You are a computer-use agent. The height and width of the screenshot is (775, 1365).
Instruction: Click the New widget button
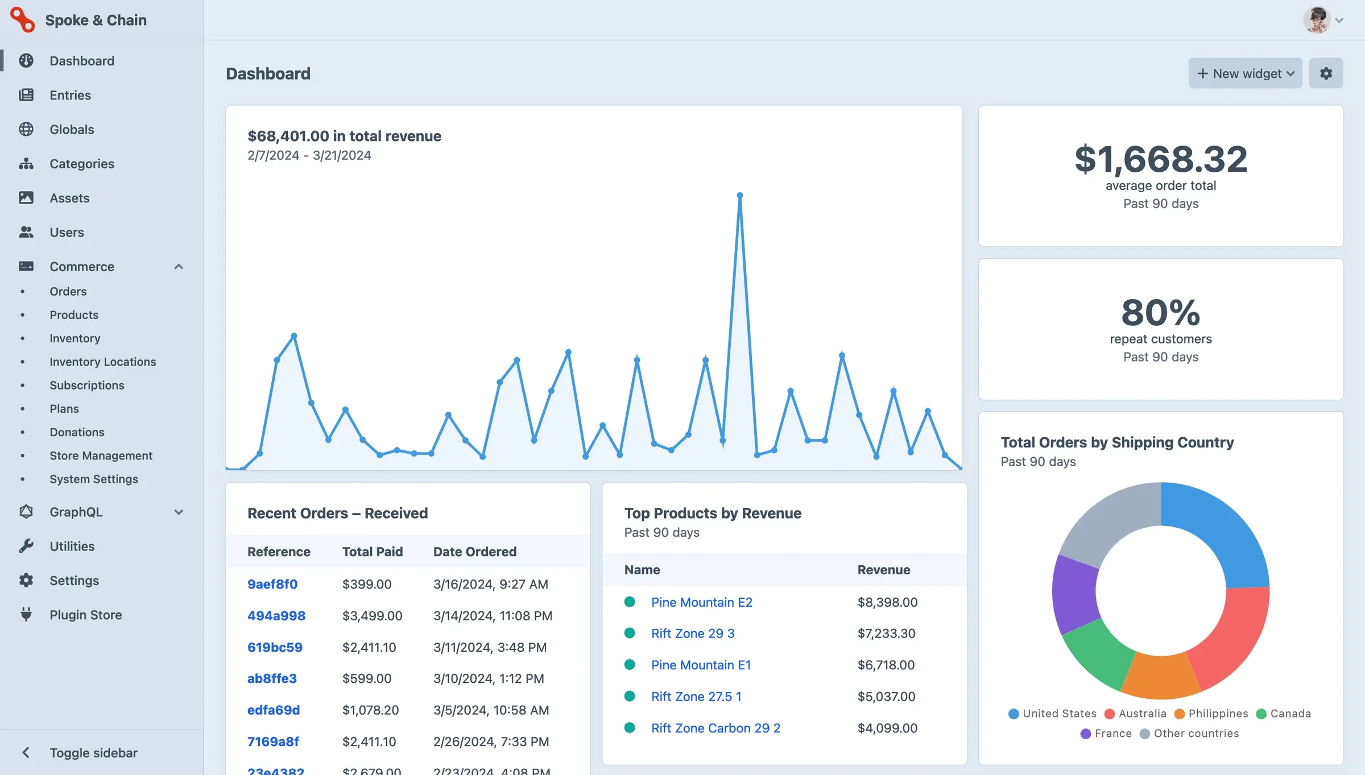tap(1244, 73)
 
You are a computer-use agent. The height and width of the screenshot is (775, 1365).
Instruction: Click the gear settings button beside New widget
tap(1325, 73)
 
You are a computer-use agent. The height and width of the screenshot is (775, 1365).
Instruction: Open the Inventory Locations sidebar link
tap(102, 362)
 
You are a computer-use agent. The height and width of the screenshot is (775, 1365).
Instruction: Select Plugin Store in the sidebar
tap(85, 615)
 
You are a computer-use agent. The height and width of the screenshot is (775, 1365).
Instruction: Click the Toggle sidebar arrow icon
tap(26, 752)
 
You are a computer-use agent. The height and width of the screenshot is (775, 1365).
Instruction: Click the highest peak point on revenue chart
tap(739, 196)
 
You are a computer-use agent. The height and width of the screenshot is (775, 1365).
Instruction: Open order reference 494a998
tap(276, 616)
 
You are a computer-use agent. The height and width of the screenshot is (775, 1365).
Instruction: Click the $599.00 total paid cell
tap(366, 678)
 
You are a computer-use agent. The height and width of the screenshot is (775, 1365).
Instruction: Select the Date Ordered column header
tap(474, 552)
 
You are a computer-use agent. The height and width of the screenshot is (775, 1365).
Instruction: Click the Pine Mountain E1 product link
tap(700, 665)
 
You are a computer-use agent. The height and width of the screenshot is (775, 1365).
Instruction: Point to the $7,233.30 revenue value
tap(886, 633)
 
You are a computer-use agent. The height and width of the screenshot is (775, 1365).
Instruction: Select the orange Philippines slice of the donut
tap(1160, 678)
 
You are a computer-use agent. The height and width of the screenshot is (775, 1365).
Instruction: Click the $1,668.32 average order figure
tap(1160, 159)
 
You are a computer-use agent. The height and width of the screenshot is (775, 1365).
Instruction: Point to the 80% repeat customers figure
tap(1160, 313)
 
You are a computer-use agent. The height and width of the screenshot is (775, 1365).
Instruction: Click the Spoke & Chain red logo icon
tap(23, 20)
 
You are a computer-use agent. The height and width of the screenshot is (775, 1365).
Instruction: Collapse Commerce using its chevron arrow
tap(179, 267)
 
